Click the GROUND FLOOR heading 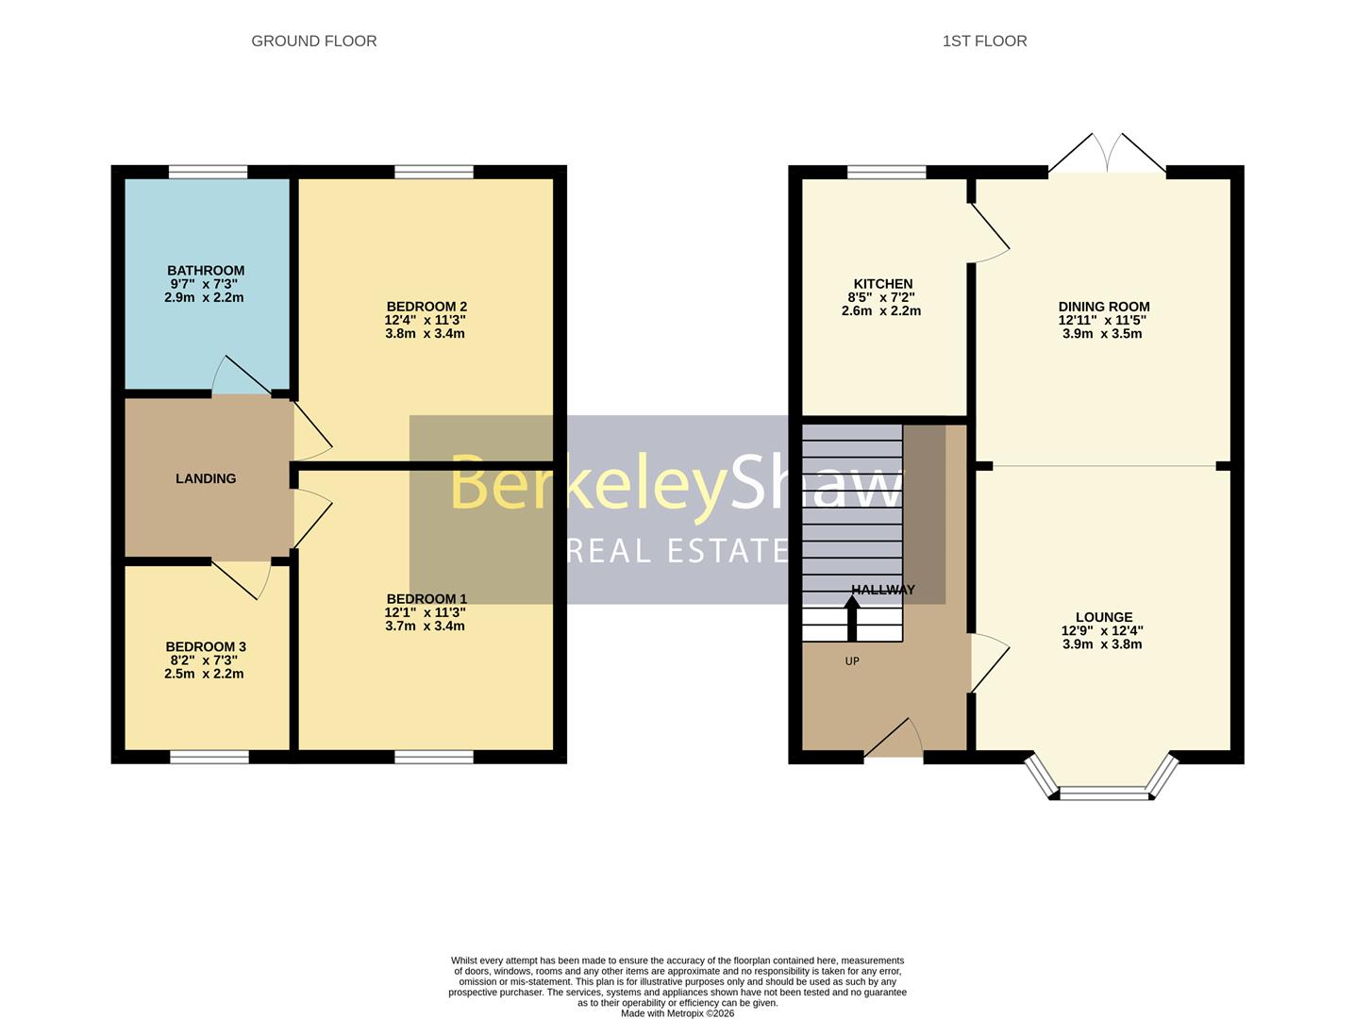point(313,41)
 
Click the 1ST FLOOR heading point(984,41)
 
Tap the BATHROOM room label point(206,271)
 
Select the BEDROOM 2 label point(427,307)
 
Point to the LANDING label point(206,478)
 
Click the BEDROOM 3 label point(206,646)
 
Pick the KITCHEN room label point(882,284)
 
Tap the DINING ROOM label point(1103,307)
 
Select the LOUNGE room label point(1103,617)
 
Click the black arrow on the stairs point(851,617)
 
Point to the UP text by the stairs point(852,661)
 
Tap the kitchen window point(886,172)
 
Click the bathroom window point(208,172)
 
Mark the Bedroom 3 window point(209,757)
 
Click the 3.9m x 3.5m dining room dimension point(1103,333)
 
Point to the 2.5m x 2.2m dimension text point(204,674)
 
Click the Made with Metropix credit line point(677,1013)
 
